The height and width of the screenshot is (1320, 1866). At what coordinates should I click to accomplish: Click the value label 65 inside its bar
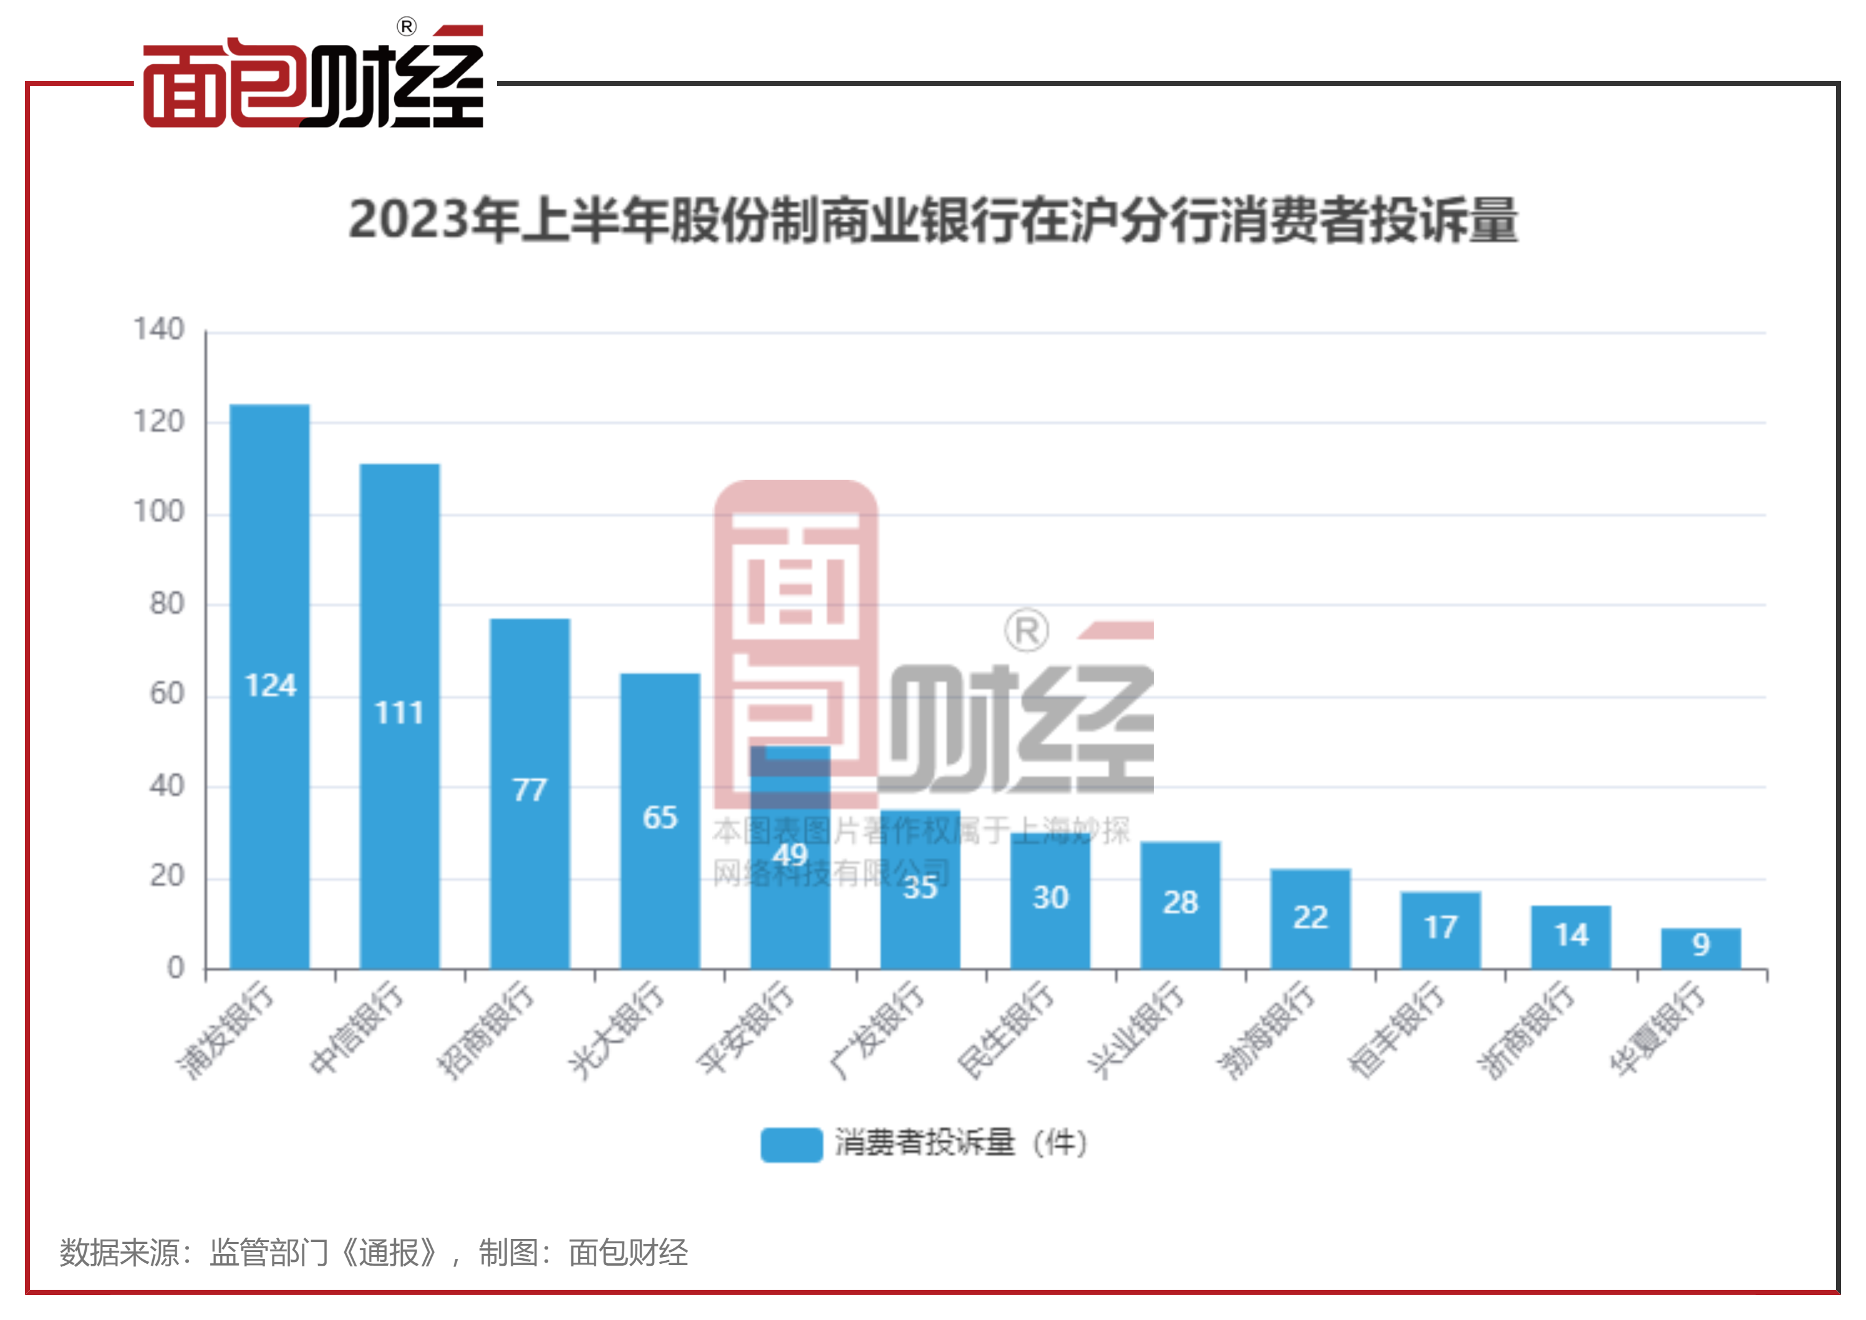pos(659,817)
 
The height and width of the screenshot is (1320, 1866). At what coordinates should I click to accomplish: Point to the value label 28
pos(1180,902)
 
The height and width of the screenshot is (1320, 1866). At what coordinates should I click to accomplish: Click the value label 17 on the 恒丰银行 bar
pos(1440,926)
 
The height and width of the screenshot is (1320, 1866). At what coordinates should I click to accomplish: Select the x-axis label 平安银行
pos(746,1027)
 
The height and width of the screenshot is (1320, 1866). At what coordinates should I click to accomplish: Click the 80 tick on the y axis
pos(167,603)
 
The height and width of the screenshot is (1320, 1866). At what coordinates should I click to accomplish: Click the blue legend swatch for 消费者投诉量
pos(791,1145)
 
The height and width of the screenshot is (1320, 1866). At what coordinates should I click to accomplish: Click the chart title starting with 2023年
pos(933,220)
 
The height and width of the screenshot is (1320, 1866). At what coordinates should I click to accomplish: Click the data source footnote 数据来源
pos(374,1253)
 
